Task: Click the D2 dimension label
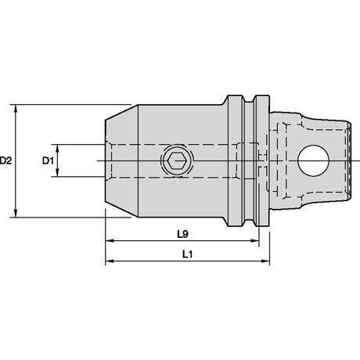[x=5, y=160]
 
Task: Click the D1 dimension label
[x=48, y=160]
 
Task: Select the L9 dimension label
[x=182, y=234]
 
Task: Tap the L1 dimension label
[x=187, y=254]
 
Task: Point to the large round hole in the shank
[x=313, y=160]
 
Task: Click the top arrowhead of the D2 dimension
[x=16, y=109]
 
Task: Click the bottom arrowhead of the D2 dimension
[x=16, y=213]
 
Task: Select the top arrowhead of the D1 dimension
[x=58, y=148]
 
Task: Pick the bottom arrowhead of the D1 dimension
[x=58, y=172]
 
